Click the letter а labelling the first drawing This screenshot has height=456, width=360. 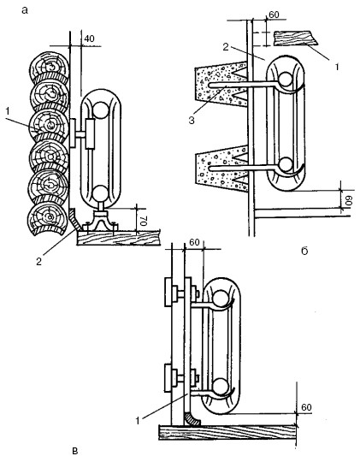coord(25,11)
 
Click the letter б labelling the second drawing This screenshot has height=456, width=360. coord(304,251)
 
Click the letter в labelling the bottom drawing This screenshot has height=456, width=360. coord(74,451)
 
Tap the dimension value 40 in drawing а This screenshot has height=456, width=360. coord(90,38)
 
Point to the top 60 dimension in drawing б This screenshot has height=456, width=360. coord(274,15)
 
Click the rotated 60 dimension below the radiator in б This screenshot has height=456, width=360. coord(348,200)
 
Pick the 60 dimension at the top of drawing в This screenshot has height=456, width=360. coord(194,242)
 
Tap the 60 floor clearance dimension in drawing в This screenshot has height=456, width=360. coord(306,407)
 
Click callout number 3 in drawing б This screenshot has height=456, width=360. coord(192,120)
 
